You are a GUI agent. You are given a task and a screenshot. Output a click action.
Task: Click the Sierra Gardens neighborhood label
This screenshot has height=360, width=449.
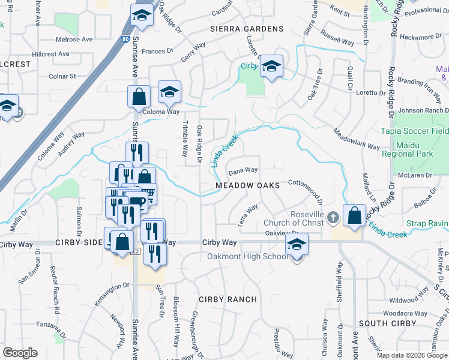click(246, 29)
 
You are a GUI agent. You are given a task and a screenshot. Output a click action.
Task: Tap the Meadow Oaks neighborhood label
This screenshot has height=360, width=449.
click(248, 186)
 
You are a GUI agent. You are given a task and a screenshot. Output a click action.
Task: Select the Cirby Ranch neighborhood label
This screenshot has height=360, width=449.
click(228, 299)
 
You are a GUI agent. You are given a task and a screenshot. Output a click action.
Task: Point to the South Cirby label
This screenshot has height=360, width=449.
click(387, 323)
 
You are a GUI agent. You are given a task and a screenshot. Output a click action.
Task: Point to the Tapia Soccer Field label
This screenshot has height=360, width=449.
click(414, 131)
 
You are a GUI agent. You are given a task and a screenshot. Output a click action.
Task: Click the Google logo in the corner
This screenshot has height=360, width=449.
click(20, 353)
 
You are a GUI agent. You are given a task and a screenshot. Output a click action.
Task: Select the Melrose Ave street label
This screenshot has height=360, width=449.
click(74, 40)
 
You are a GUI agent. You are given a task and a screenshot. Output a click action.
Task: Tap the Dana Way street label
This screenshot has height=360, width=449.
click(243, 171)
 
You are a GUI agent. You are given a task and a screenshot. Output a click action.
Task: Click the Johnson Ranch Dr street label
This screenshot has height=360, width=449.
click(423, 110)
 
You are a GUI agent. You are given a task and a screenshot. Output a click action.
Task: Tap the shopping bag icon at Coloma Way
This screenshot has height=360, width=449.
click(139, 96)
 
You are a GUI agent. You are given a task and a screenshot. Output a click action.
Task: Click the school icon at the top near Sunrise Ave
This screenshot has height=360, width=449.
click(142, 15)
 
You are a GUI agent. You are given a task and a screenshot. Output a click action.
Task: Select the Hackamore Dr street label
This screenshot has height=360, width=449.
click(420, 37)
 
